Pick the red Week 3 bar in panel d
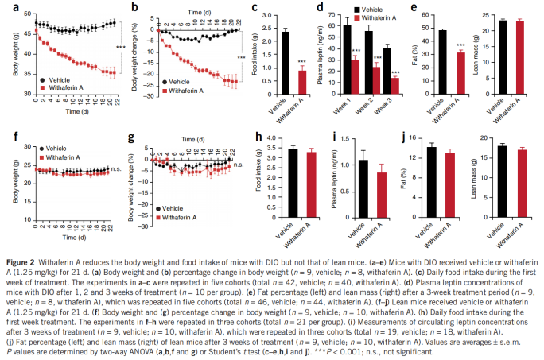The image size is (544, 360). pos(395,85)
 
